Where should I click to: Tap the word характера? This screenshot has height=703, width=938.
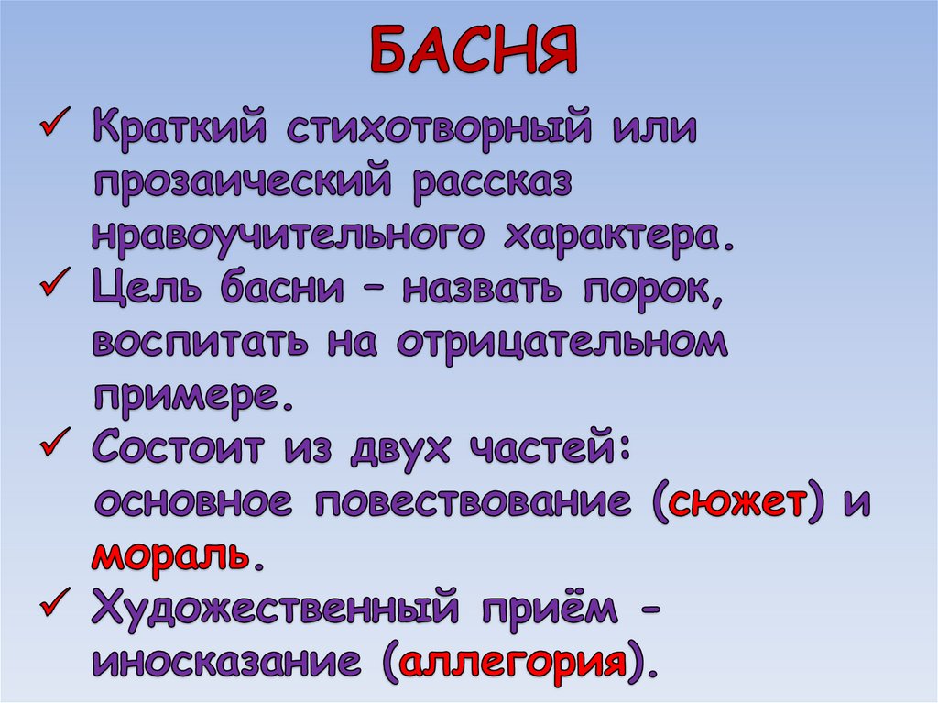pyautogui.click(x=618, y=236)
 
